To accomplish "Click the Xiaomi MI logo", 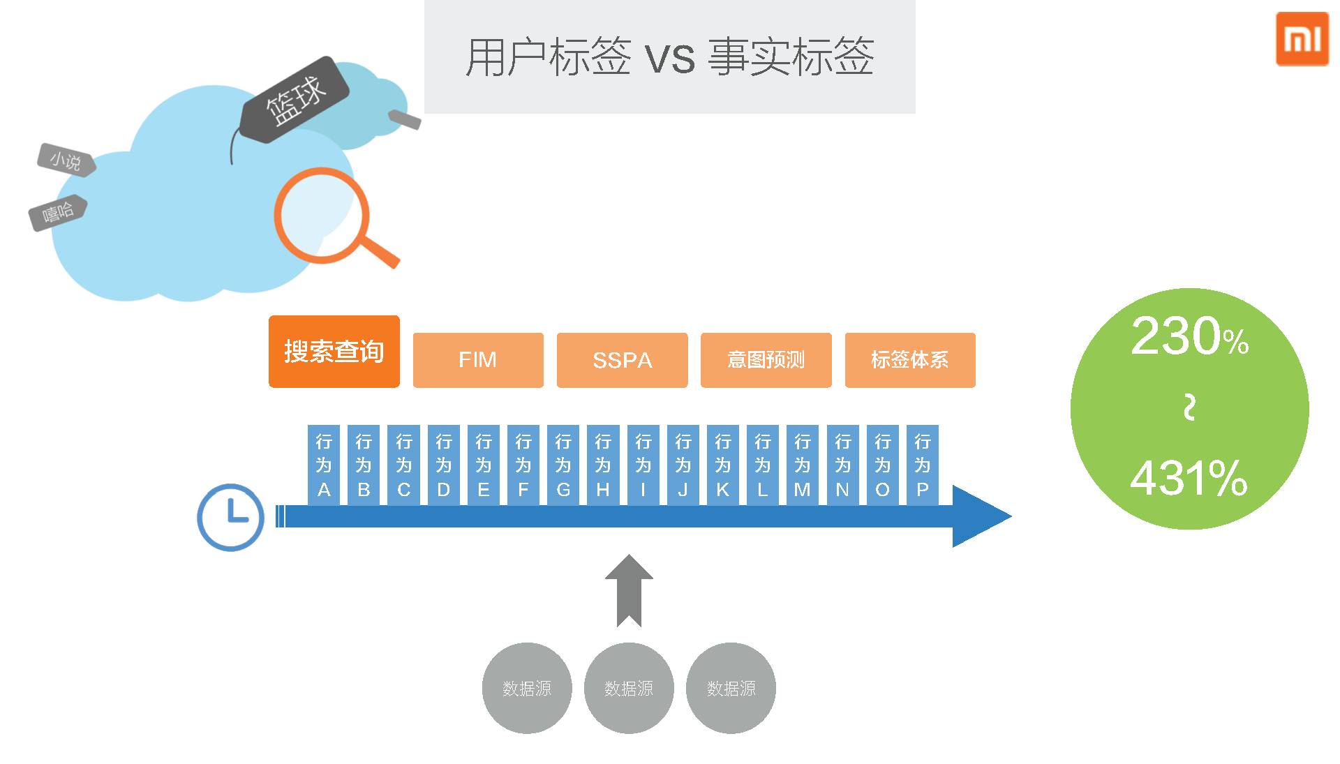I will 1302,39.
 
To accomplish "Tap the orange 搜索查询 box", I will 334,351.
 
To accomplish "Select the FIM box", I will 478,360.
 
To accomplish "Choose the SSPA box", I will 622,360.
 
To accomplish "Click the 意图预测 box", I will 766,360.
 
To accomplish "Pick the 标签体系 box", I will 909,360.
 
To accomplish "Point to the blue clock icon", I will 230,517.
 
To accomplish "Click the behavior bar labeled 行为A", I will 324,465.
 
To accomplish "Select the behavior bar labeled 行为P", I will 922,465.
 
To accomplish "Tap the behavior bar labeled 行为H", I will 603,465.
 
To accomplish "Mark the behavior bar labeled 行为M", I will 803,465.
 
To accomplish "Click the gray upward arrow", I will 629,590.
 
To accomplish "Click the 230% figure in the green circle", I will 1189,336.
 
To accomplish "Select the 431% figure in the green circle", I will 1189,479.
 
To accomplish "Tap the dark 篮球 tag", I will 295,100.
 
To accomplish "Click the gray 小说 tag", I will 66,160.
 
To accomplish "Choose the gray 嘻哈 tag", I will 58,212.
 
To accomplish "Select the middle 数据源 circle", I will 629,688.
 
